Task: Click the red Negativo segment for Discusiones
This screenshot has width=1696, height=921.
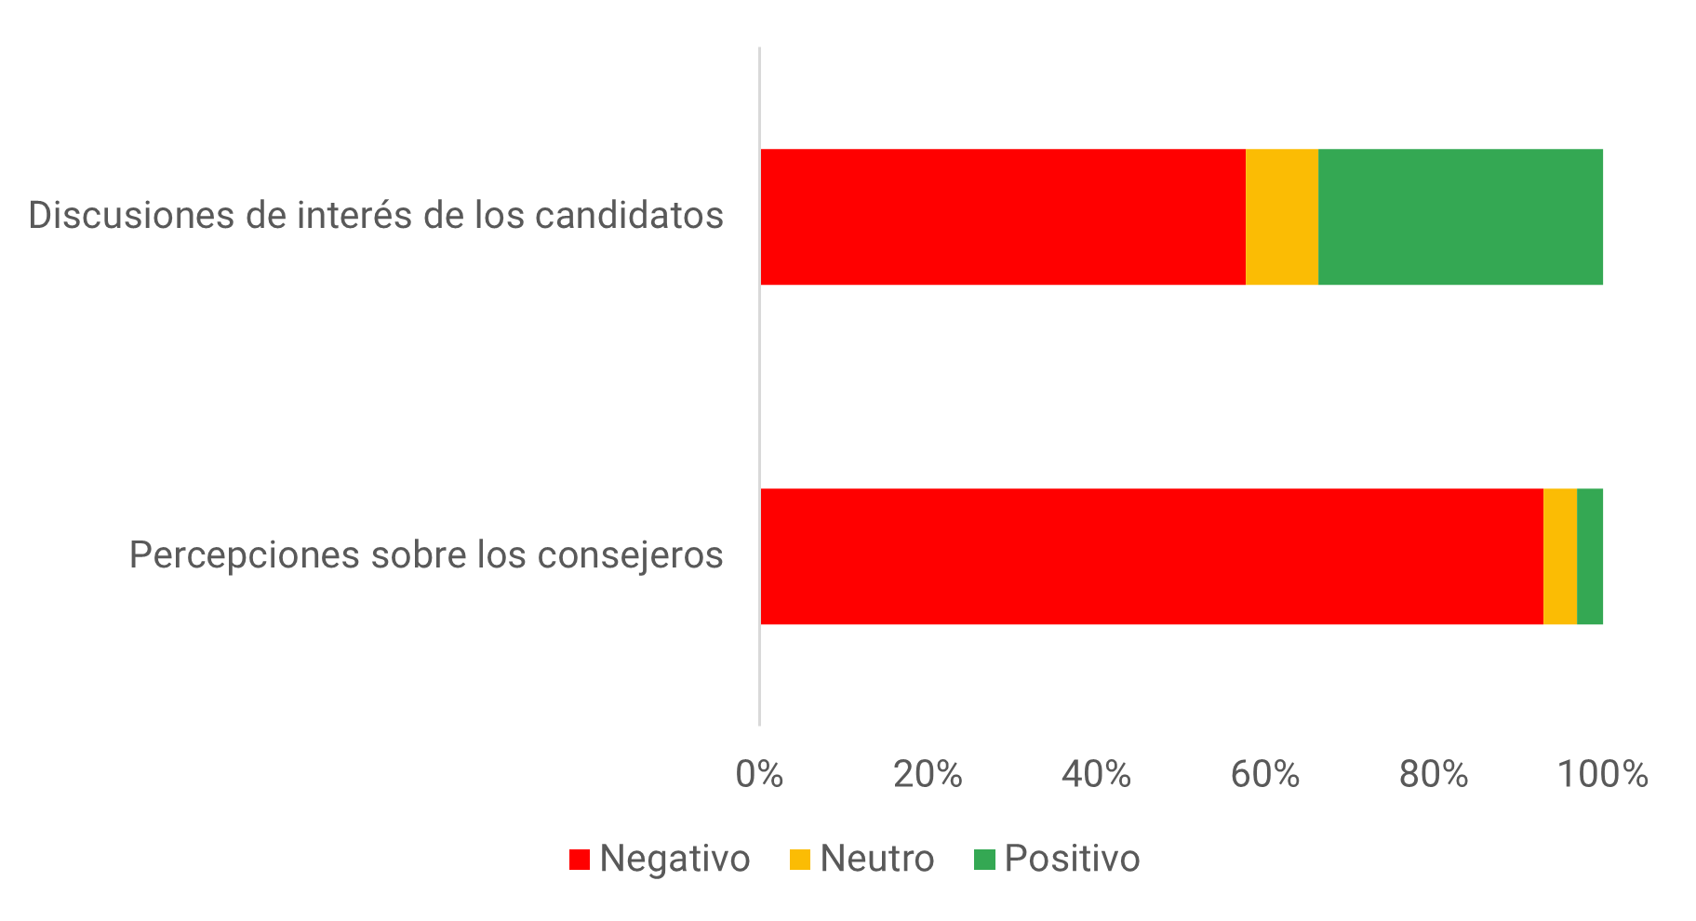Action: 1003,217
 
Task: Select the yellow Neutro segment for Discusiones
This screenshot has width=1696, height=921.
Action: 1281,217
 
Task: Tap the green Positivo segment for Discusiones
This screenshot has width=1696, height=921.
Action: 1460,217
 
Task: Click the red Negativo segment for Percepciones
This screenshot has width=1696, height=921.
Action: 1152,556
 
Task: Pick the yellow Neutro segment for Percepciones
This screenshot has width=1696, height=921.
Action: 1559,556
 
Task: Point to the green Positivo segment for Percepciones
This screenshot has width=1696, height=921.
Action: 1589,556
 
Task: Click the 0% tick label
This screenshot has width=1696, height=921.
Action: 759,775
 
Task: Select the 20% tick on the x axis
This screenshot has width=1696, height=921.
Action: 928,775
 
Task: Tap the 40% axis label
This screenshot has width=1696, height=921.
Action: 1096,775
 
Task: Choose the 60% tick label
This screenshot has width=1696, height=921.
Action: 1264,775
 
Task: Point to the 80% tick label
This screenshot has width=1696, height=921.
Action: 1433,775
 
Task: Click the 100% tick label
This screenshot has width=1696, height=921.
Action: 1602,775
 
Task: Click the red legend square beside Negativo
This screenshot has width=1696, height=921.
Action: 580,860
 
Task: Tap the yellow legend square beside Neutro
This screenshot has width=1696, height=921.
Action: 800,860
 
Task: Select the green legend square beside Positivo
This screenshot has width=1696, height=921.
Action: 984,860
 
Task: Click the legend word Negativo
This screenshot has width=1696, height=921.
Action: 674,859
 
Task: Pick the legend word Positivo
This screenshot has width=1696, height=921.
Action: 1072,859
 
